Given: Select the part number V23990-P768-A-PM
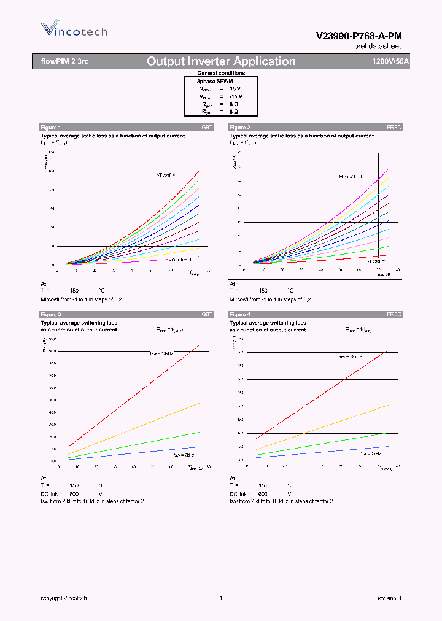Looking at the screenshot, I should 359,36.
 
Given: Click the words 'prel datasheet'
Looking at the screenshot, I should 378,47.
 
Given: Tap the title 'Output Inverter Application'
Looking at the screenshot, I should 221,61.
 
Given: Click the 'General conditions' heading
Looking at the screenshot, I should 221,73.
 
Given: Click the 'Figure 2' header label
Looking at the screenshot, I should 239,127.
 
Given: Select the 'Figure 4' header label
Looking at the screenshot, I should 239,314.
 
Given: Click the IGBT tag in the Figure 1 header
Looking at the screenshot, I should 206,127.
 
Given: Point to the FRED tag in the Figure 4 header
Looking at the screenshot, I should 394,314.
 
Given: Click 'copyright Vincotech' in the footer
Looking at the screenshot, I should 64,598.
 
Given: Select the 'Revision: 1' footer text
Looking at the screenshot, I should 388,598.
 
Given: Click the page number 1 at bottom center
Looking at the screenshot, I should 220,598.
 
